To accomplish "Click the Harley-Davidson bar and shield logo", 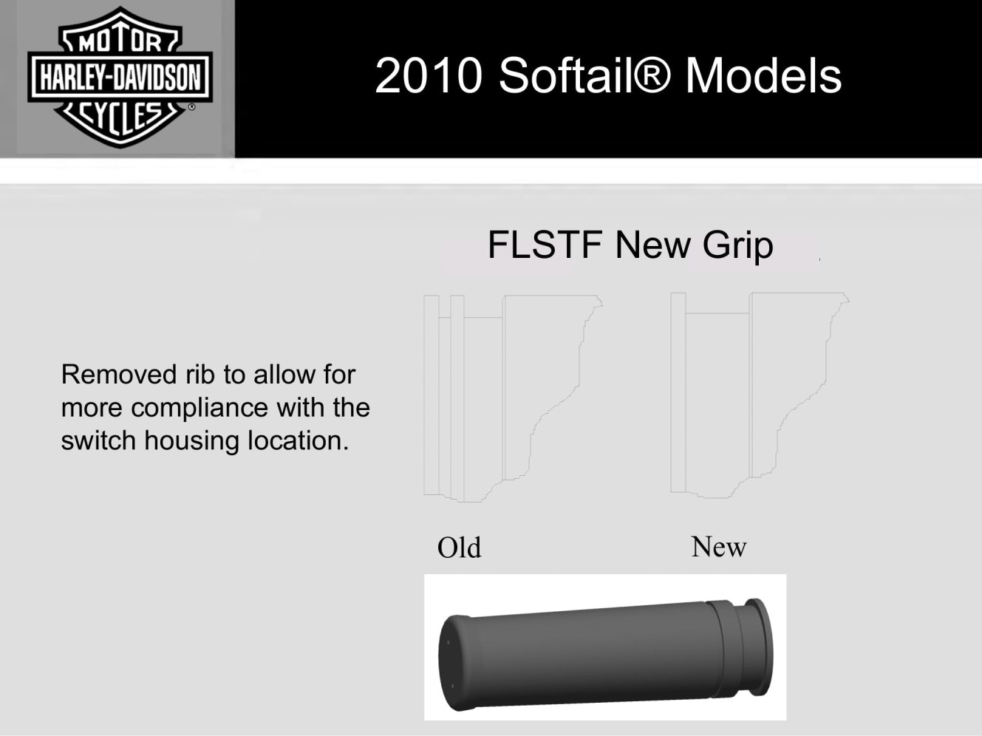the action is click(x=120, y=77).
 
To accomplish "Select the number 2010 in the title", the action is click(x=429, y=75).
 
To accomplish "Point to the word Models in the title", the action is click(x=763, y=75).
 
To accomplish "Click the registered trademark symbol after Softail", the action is click(x=652, y=75).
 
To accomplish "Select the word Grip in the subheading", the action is click(x=737, y=246).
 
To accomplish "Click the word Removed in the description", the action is click(x=118, y=374).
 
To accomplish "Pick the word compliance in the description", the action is click(x=200, y=409).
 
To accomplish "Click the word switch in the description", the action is click(x=98, y=440).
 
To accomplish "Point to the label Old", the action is click(x=459, y=547).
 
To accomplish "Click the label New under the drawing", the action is click(x=718, y=546).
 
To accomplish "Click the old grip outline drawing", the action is click(x=513, y=398).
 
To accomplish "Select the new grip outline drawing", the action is click(x=760, y=395).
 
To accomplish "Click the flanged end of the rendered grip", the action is click(x=759, y=647).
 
